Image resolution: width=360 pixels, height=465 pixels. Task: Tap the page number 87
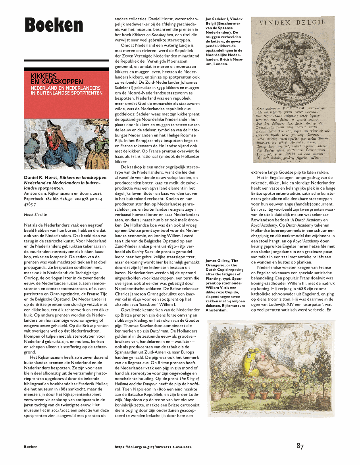(300, 446)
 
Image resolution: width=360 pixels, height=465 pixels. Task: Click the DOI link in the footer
(153, 447)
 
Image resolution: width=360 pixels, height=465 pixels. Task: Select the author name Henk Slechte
(36, 214)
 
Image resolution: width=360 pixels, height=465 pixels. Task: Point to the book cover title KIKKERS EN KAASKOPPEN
(54, 78)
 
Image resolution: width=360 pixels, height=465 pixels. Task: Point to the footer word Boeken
(31, 447)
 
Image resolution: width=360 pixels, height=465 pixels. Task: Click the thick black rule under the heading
(66, 60)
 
